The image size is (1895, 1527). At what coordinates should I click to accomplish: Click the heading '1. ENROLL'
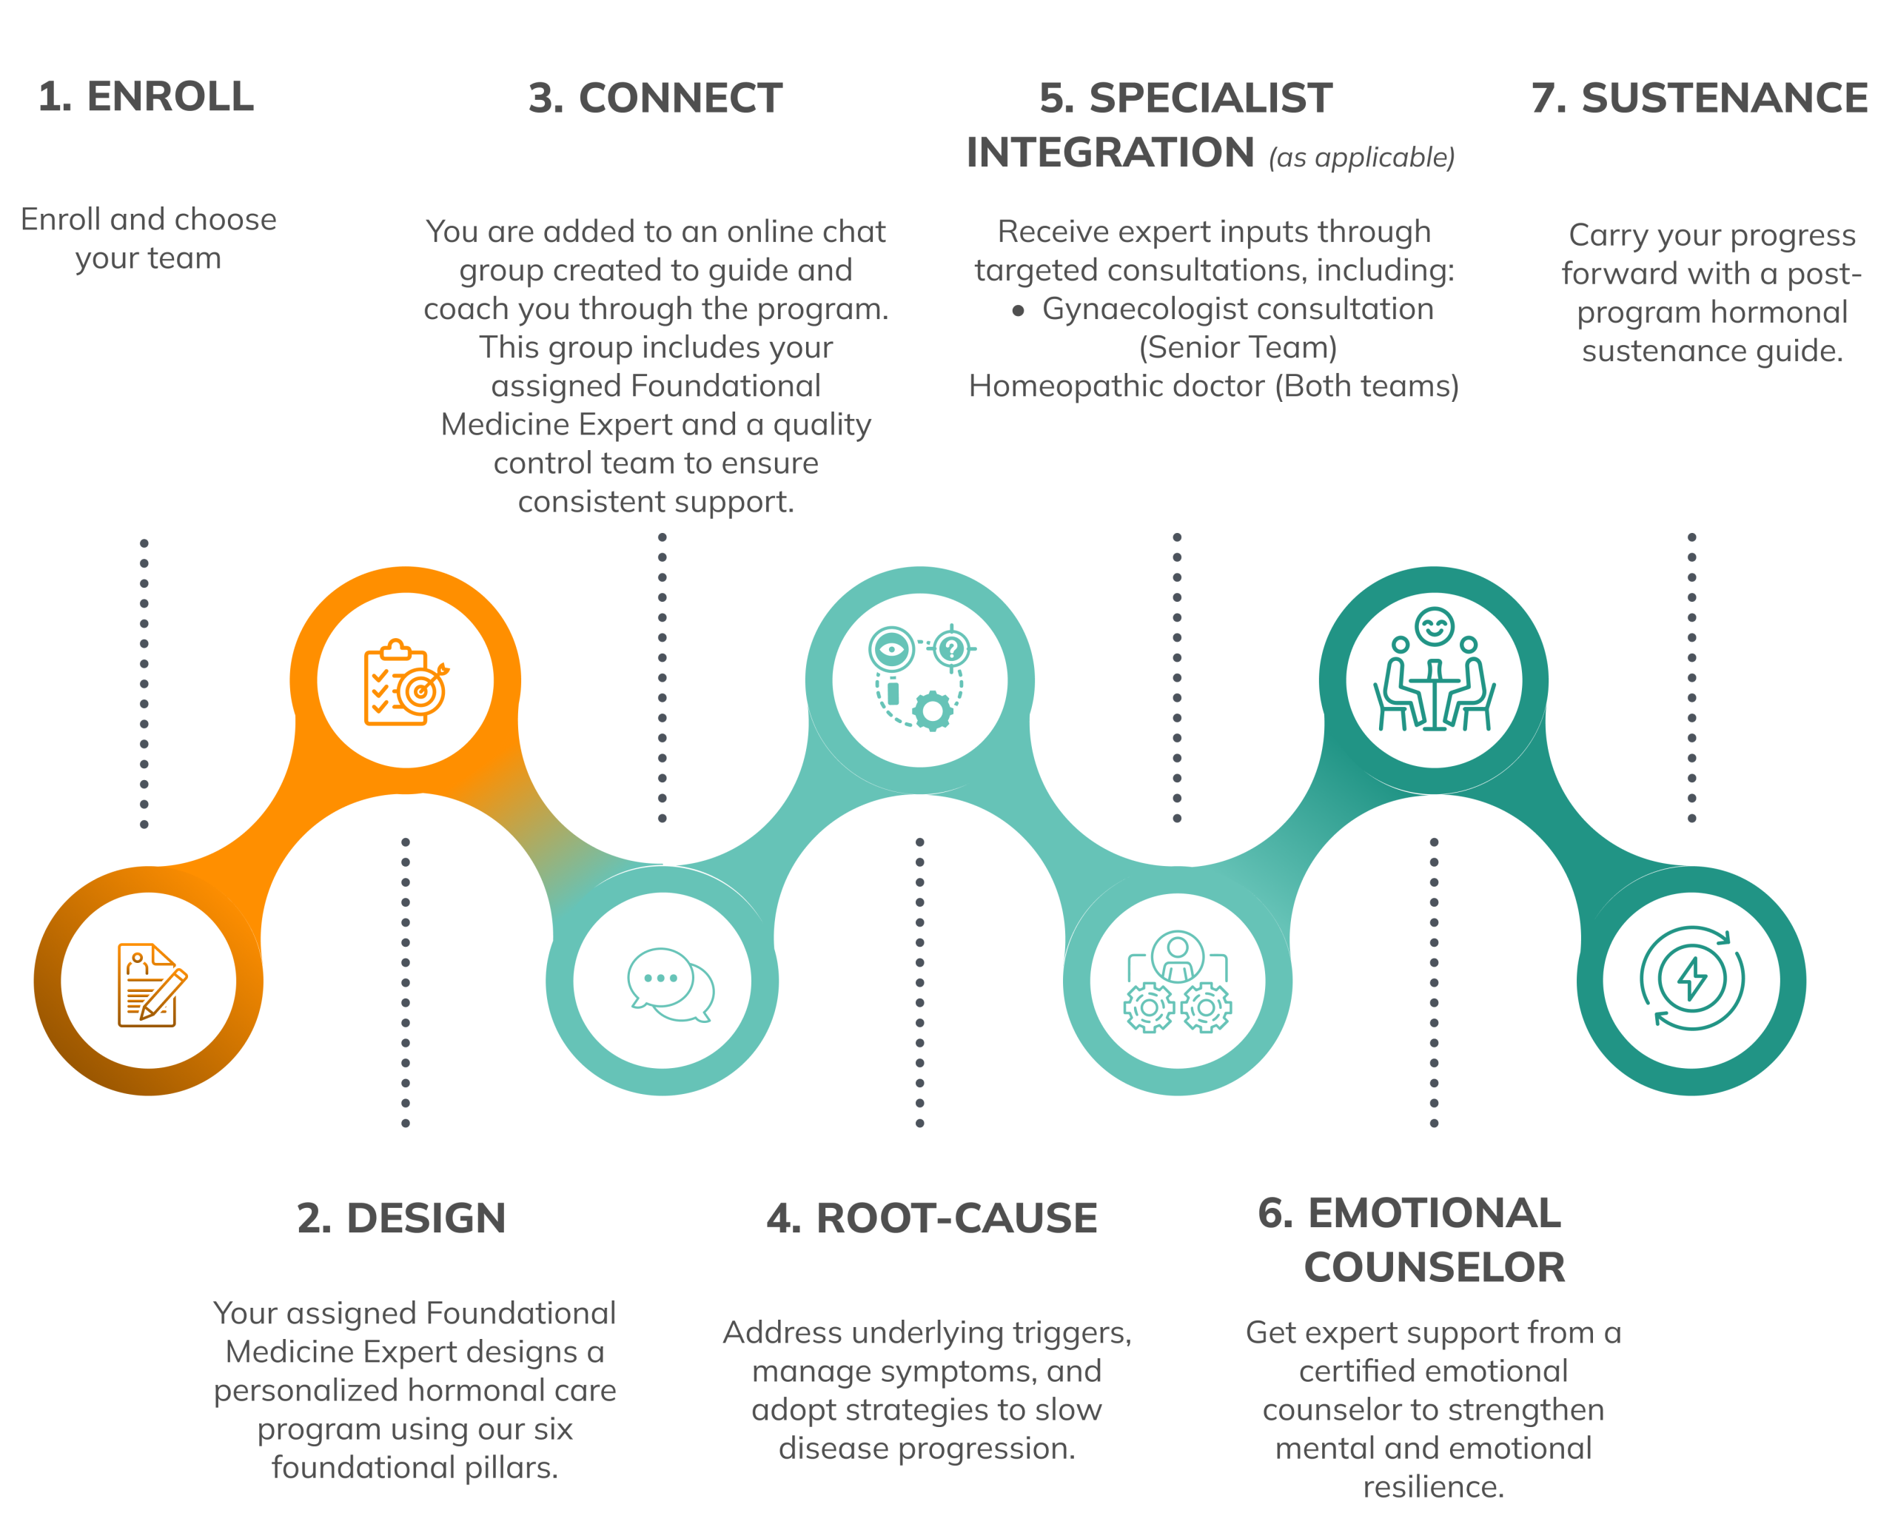(146, 97)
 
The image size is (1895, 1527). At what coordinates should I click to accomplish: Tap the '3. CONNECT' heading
(655, 98)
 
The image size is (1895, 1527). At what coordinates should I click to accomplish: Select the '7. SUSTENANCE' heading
(1700, 98)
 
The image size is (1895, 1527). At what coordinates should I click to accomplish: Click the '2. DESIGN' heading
(401, 1218)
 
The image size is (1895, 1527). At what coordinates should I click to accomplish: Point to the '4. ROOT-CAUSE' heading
(932, 1218)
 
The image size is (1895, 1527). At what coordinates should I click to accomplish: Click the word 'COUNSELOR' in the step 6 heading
(1434, 1267)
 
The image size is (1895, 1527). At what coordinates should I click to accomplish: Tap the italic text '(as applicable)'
(1362, 158)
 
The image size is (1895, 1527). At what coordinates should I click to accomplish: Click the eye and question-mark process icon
(920, 677)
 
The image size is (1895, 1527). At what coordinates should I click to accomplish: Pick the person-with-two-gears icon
(1178, 981)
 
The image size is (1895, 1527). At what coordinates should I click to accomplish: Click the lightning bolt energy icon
(1691, 978)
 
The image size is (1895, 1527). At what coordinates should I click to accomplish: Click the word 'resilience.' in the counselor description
(1434, 1486)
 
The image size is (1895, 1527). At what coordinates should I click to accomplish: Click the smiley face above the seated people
(1435, 627)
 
